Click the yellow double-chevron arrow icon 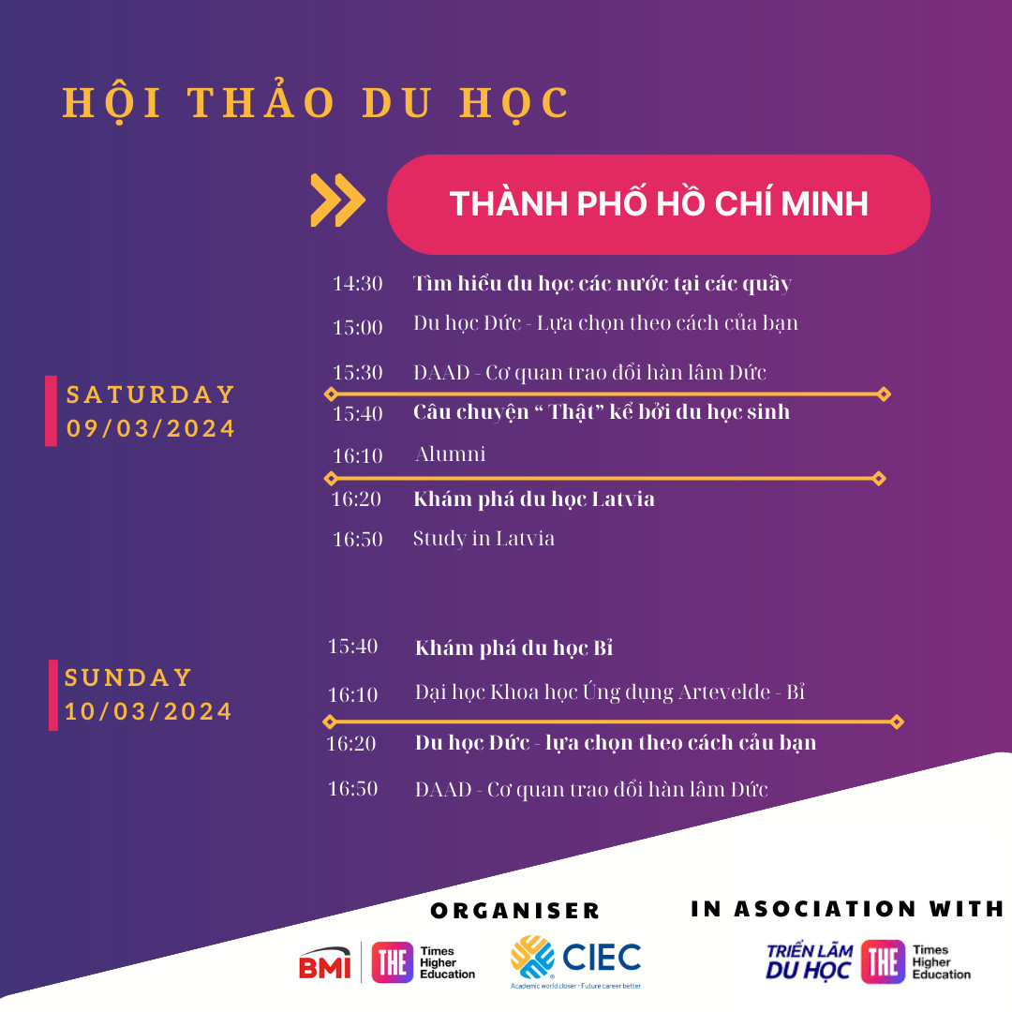(x=337, y=201)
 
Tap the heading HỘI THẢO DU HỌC (x=317, y=103)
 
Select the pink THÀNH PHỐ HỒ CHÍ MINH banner (x=659, y=204)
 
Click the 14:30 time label (x=358, y=283)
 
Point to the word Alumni (x=450, y=454)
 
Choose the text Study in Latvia (x=484, y=539)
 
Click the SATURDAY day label (x=150, y=394)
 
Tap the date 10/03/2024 (x=148, y=711)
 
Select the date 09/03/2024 (x=150, y=428)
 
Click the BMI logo (x=325, y=963)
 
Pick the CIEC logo (x=575, y=961)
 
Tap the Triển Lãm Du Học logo (x=810, y=961)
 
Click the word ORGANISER (x=515, y=911)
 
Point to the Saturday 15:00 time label (x=358, y=327)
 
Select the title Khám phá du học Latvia (x=534, y=499)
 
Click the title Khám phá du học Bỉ (x=513, y=647)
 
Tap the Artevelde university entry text (x=610, y=692)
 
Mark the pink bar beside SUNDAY (x=53, y=695)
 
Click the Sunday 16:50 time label (x=352, y=789)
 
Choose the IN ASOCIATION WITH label (x=847, y=909)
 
